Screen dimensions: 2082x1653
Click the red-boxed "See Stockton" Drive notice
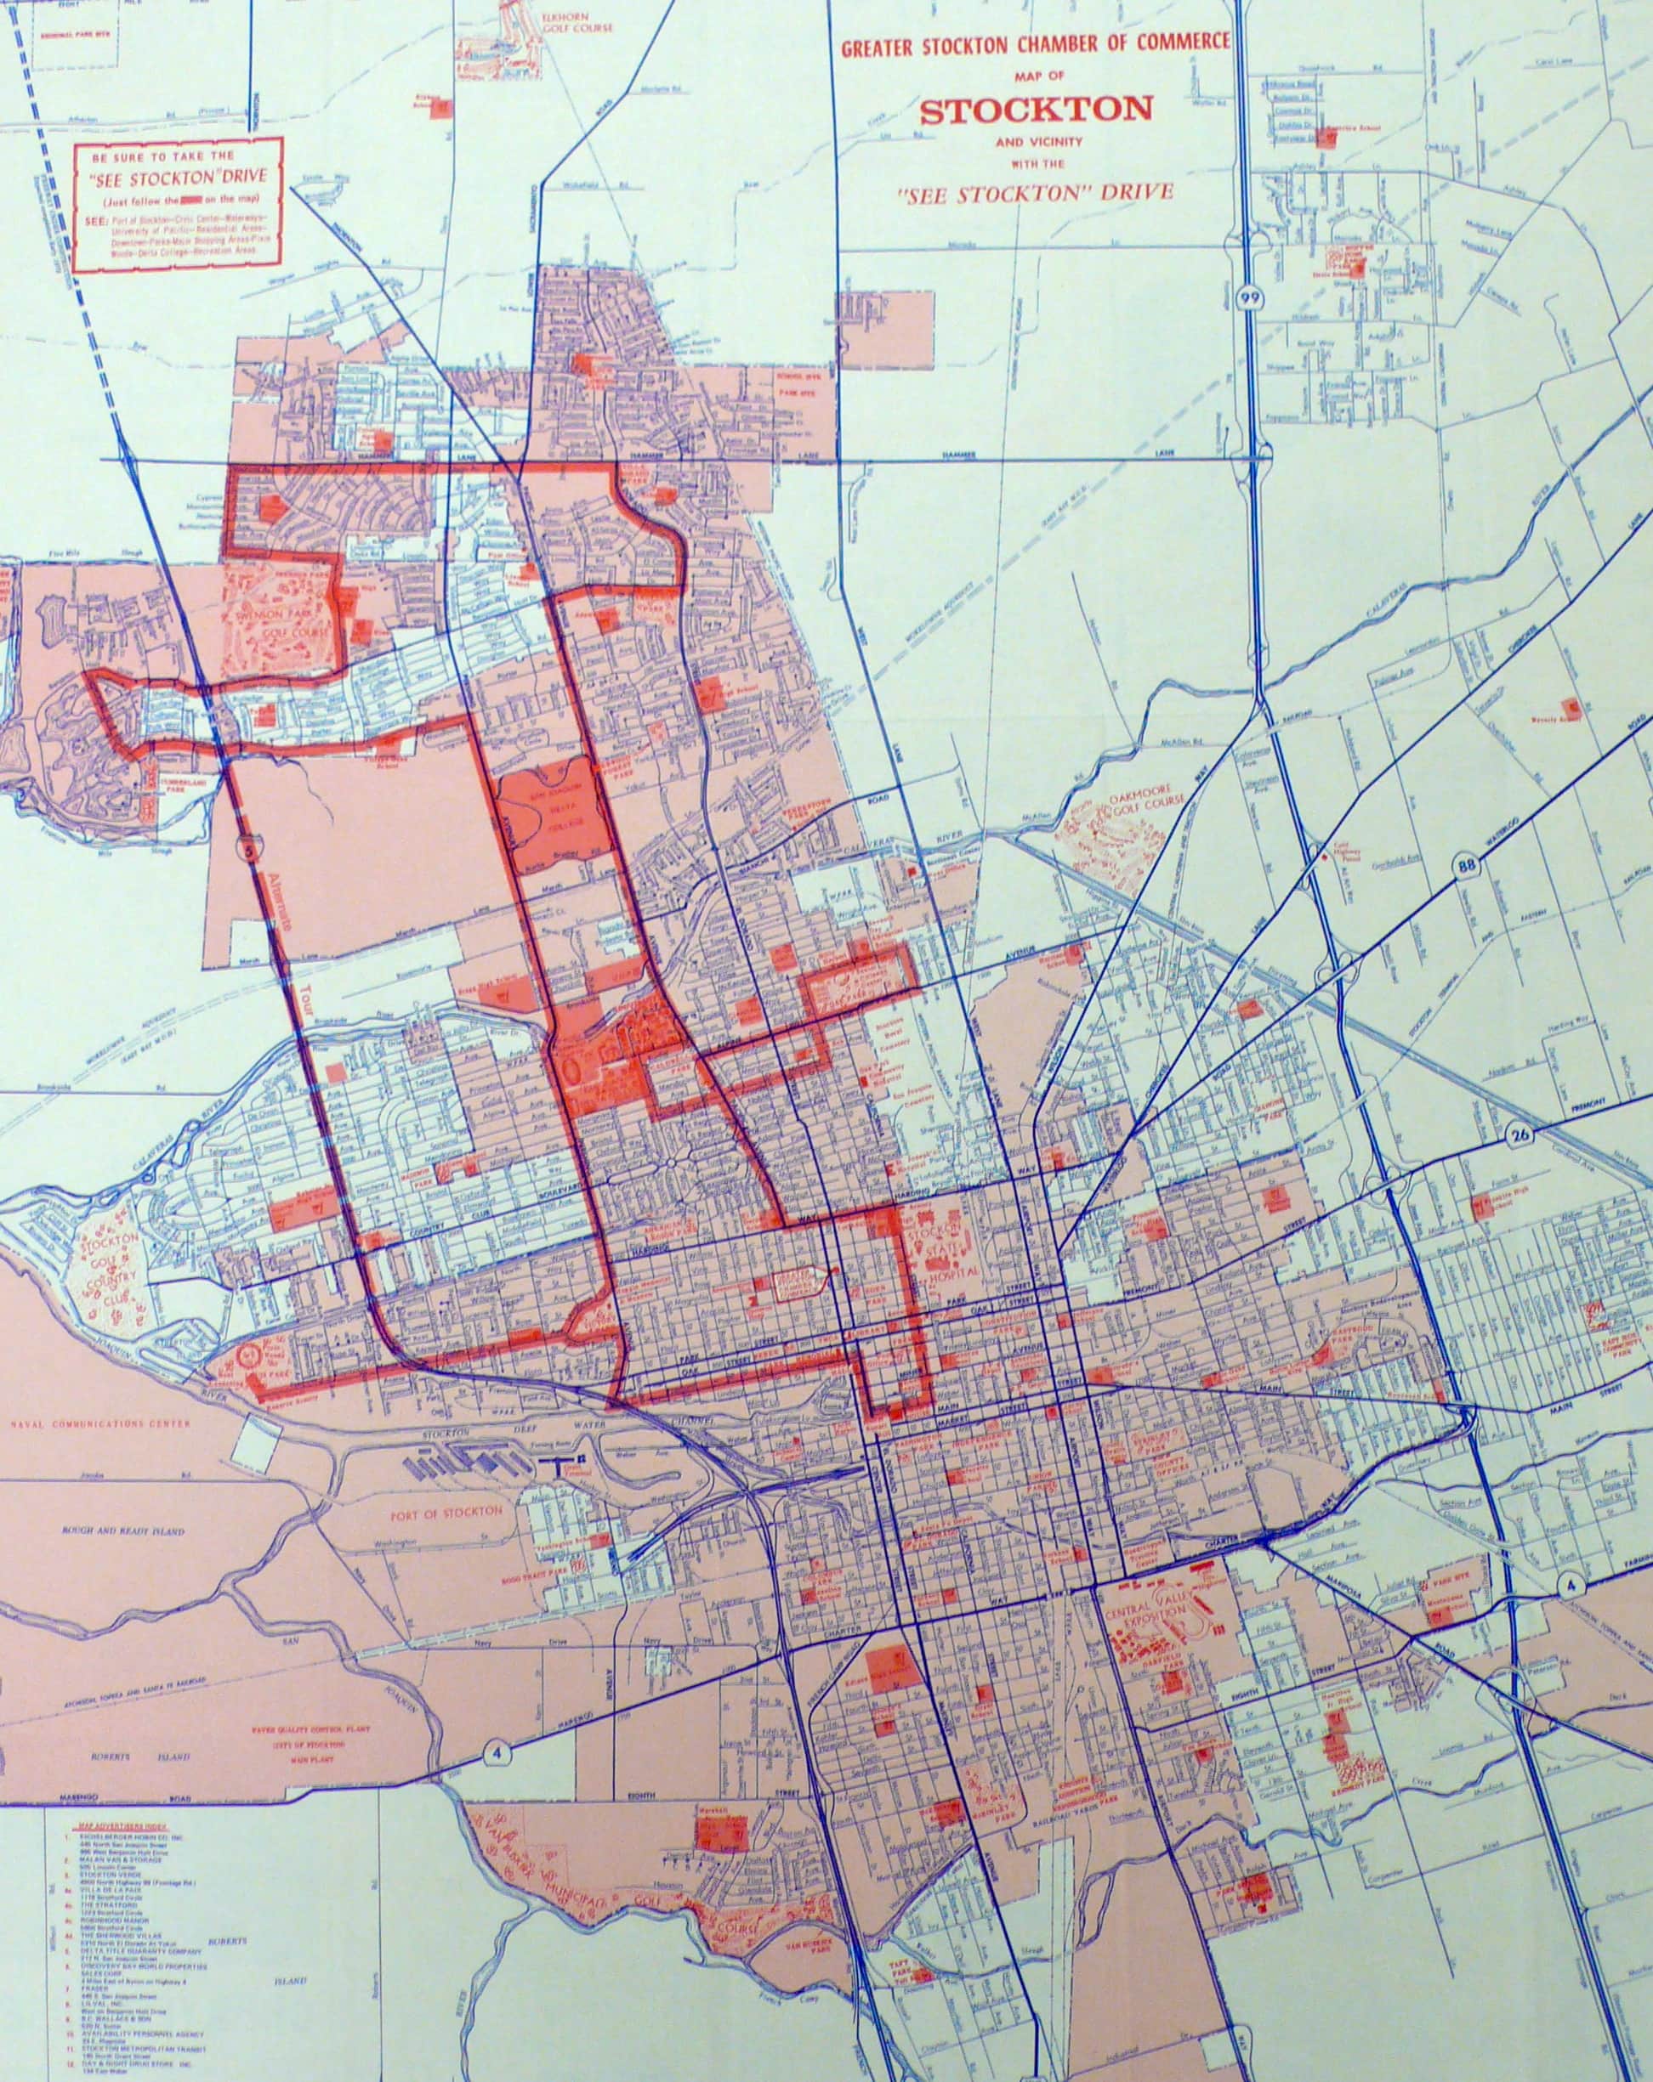(x=177, y=202)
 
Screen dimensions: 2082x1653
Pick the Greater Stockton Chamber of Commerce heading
(x=1035, y=42)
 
